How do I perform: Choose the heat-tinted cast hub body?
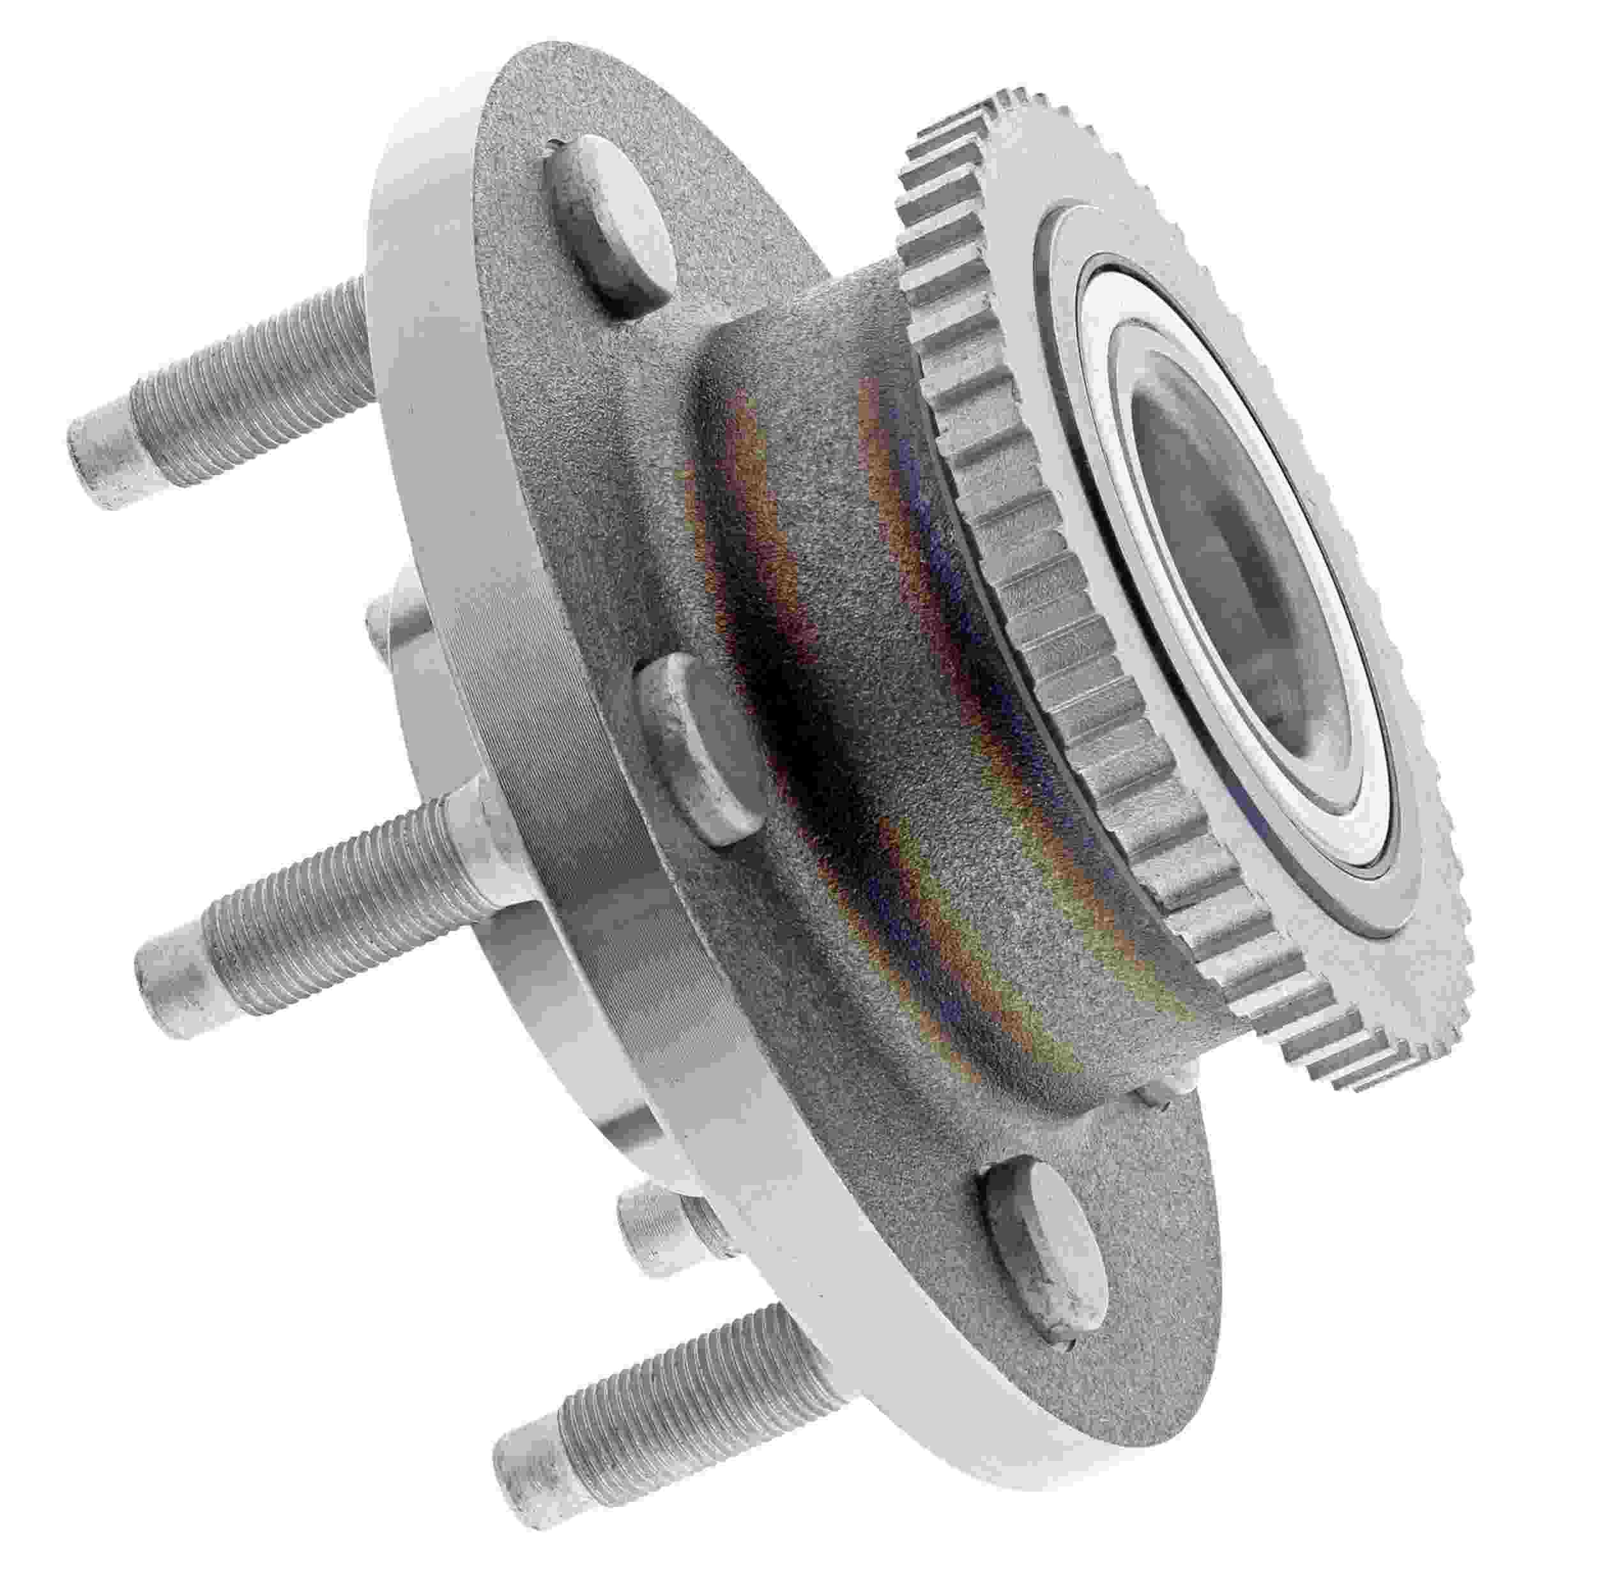tap(868, 702)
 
